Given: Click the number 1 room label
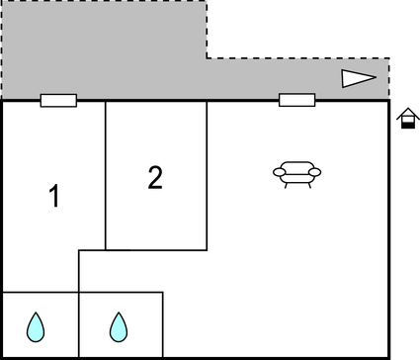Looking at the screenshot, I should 54,197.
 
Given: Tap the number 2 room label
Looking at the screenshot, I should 155,178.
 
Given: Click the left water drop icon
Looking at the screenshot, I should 36,324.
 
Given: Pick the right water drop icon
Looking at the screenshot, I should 119,324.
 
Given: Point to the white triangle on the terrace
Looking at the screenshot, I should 358,79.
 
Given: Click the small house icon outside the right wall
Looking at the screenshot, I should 406,118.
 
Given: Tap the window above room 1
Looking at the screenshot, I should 58,100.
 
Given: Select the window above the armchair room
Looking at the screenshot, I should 296,100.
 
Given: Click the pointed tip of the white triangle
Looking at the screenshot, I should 376,79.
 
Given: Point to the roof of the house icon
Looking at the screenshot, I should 406,111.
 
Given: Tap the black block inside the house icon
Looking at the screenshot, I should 406,123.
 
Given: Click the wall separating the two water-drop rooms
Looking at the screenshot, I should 79,324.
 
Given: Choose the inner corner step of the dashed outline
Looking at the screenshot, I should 207,57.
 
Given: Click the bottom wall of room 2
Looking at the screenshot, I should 156,249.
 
